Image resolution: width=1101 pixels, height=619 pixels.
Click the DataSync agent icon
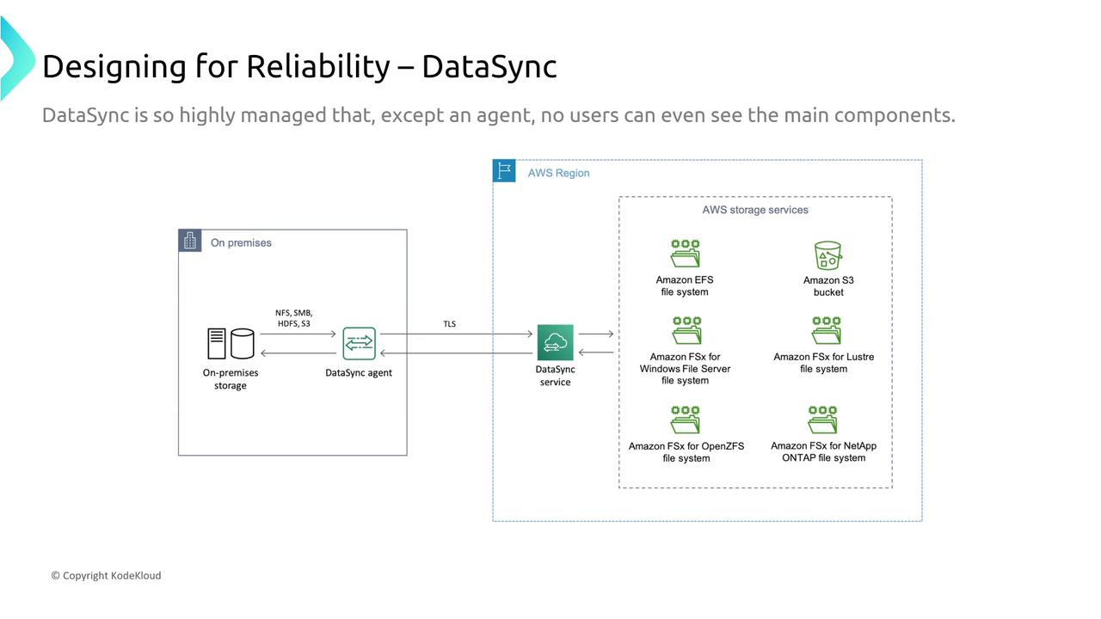tap(359, 343)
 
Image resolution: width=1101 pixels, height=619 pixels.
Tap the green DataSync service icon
tap(555, 342)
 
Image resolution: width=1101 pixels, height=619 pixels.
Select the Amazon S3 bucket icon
tap(827, 255)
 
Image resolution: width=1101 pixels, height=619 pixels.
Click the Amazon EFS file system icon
tap(686, 254)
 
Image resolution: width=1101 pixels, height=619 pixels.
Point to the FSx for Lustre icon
tap(827, 331)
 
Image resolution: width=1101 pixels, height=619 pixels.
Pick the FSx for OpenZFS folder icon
tap(686, 420)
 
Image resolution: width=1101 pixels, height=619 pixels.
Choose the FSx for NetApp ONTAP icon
tap(822, 420)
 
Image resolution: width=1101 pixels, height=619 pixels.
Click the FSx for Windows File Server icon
tap(686, 331)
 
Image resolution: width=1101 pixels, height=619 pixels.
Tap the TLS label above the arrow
tap(449, 324)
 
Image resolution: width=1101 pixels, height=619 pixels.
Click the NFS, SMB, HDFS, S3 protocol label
tap(294, 318)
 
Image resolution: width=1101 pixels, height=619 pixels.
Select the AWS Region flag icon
tap(504, 170)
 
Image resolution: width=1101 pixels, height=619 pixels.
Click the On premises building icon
tap(190, 241)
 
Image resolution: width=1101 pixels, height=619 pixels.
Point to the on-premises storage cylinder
tap(243, 343)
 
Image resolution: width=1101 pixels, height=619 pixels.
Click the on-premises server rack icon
tap(216, 343)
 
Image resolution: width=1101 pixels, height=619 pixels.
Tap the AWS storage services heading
tap(755, 210)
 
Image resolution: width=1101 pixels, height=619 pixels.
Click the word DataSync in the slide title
tap(489, 66)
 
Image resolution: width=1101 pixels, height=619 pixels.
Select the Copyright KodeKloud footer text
tap(106, 575)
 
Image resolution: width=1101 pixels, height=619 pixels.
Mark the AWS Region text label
tap(558, 173)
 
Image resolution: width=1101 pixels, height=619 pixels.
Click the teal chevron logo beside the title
tap(19, 58)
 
